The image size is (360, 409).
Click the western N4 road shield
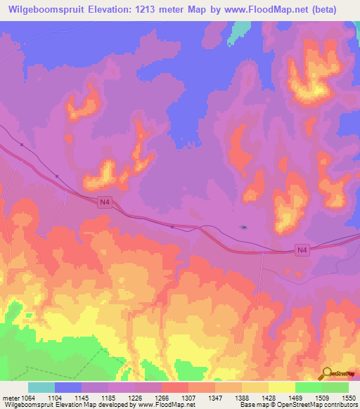[x=105, y=202]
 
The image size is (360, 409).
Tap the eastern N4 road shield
[x=302, y=250]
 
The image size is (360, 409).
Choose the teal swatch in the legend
[x=41, y=387]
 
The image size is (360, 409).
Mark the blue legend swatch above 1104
[x=68, y=387]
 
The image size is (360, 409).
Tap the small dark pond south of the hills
[x=244, y=227]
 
